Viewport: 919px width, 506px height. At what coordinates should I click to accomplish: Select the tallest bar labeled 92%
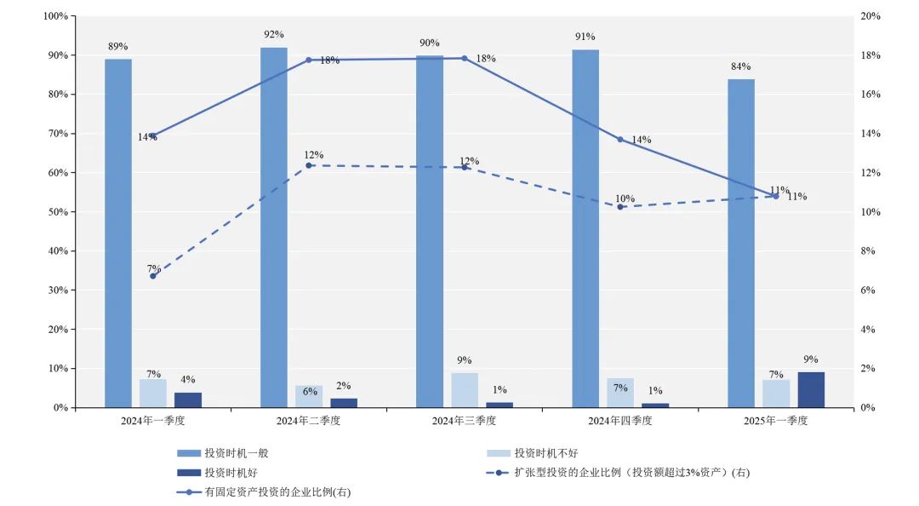pyautogui.click(x=274, y=227)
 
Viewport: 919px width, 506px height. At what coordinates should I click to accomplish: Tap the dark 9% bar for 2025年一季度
pyautogui.click(x=811, y=389)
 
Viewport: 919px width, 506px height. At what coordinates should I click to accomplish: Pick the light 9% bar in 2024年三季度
pyautogui.click(x=465, y=389)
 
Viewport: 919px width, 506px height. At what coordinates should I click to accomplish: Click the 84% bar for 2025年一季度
pyautogui.click(x=741, y=243)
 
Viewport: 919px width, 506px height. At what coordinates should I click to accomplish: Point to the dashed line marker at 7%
pyautogui.click(x=153, y=276)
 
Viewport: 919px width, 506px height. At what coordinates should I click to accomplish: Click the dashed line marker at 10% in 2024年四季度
pyautogui.click(x=620, y=207)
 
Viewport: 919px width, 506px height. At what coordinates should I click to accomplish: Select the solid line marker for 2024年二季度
pyautogui.click(x=309, y=60)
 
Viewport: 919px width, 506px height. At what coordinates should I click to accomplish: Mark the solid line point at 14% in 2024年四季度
pyautogui.click(x=620, y=139)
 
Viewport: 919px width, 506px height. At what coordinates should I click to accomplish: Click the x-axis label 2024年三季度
pyautogui.click(x=465, y=421)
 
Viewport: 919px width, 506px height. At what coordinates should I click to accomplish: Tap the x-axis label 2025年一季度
pyautogui.click(x=775, y=421)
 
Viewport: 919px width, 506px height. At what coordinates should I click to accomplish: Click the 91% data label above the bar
pyautogui.click(x=585, y=37)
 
